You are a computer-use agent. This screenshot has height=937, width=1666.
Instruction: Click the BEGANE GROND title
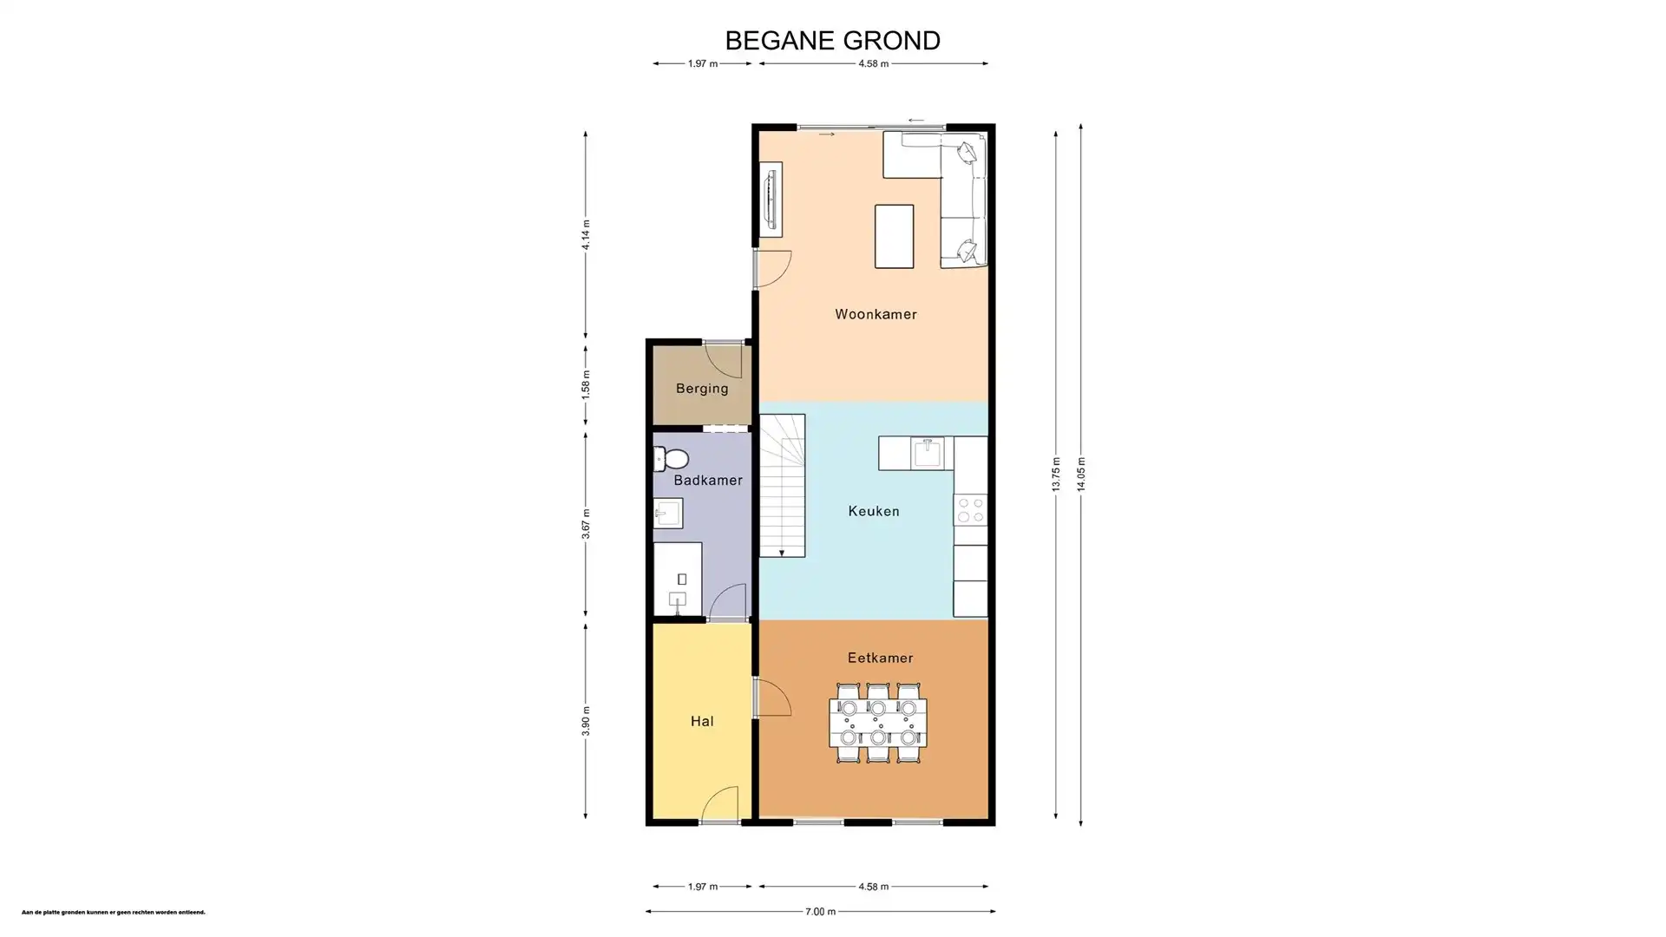coord(832,41)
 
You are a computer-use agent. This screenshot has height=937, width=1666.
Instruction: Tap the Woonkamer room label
coord(876,314)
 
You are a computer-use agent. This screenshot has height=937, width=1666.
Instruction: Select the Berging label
coord(702,388)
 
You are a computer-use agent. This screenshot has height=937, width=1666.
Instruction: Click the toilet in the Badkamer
coord(671,458)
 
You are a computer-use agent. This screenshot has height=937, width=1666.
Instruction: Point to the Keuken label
coord(873,511)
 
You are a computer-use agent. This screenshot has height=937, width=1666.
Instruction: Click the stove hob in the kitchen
coord(970,509)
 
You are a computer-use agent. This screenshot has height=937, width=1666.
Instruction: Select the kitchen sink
coord(928,453)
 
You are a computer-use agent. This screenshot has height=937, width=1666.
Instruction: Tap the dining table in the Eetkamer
coord(877,723)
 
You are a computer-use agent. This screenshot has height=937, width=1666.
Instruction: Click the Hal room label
coord(702,721)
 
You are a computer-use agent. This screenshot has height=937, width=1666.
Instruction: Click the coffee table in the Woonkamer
coord(894,236)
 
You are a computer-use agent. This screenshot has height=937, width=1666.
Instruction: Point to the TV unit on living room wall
coord(770,199)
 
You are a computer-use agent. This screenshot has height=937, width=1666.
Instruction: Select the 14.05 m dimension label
coord(1081,474)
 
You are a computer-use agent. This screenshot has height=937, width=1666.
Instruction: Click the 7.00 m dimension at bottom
coord(820,911)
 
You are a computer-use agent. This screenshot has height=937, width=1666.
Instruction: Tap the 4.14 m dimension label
coord(586,234)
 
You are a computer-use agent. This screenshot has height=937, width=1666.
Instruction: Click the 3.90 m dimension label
coord(586,721)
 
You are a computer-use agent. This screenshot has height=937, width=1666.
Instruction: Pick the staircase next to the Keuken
coord(782,486)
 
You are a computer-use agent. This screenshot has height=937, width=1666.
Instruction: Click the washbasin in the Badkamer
coord(667,514)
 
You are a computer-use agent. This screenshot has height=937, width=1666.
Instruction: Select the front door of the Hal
coord(718,807)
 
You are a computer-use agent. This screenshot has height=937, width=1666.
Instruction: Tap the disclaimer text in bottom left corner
coord(114,912)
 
